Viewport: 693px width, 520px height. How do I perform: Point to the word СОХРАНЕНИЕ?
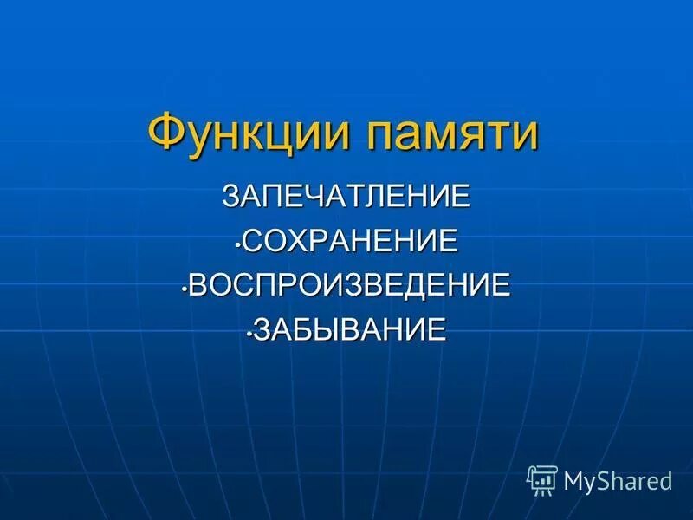coord(350,240)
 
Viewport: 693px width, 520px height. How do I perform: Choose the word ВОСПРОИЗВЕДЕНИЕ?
coord(350,285)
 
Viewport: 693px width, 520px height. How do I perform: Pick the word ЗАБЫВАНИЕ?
coord(351,330)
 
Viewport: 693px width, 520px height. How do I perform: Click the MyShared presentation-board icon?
coord(542,479)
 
